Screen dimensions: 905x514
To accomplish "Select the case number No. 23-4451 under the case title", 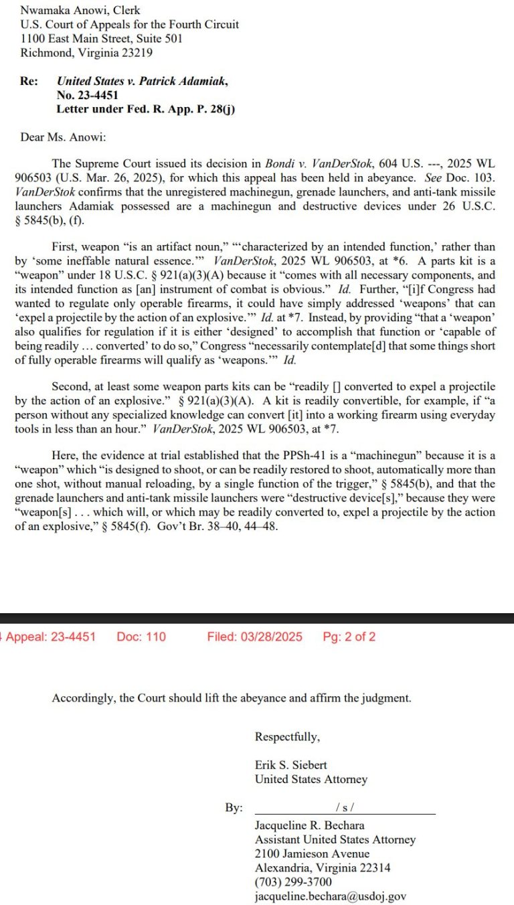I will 87,95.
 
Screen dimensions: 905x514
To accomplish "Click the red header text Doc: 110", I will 141,637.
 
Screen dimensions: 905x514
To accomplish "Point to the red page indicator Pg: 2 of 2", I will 349,637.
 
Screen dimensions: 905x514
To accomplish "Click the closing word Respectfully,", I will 287,737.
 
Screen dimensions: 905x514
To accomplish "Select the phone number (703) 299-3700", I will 292,882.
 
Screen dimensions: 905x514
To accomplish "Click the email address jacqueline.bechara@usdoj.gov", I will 330,896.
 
